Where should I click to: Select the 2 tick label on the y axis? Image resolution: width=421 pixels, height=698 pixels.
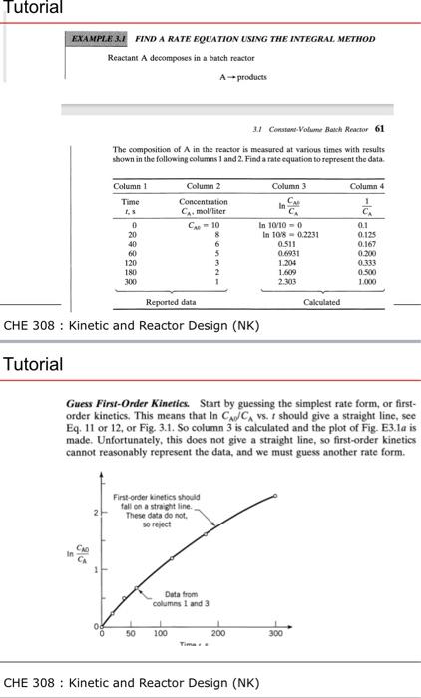pyautogui.click(x=91, y=512)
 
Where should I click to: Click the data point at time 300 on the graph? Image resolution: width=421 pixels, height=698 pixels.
pyautogui.click(x=276, y=496)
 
